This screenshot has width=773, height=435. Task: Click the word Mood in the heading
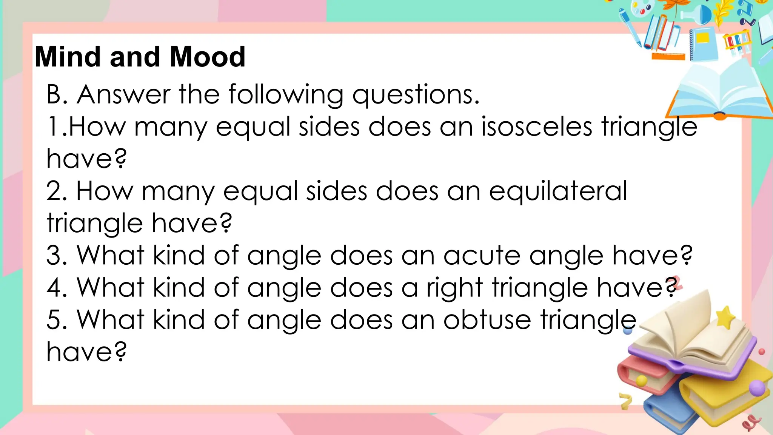[x=208, y=57]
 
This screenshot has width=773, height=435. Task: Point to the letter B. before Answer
[x=57, y=94]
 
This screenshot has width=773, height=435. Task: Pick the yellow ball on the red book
[x=641, y=381]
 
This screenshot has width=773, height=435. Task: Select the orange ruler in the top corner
[x=668, y=57]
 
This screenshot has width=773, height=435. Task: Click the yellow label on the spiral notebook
[x=703, y=38]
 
